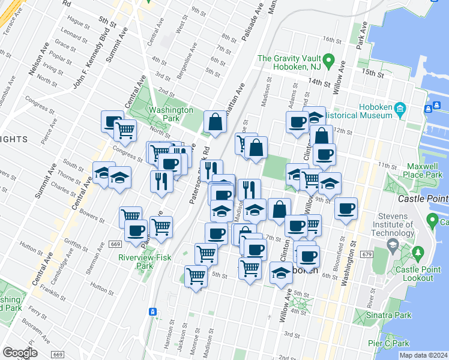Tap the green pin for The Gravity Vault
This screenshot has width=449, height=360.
[328, 61]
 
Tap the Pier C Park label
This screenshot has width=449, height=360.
[388, 343]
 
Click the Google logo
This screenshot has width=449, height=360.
[20, 352]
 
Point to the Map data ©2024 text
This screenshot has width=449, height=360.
[423, 355]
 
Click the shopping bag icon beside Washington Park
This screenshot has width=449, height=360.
[215, 122]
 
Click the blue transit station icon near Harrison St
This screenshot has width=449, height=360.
[153, 311]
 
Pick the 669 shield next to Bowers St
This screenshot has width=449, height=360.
[116, 243]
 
